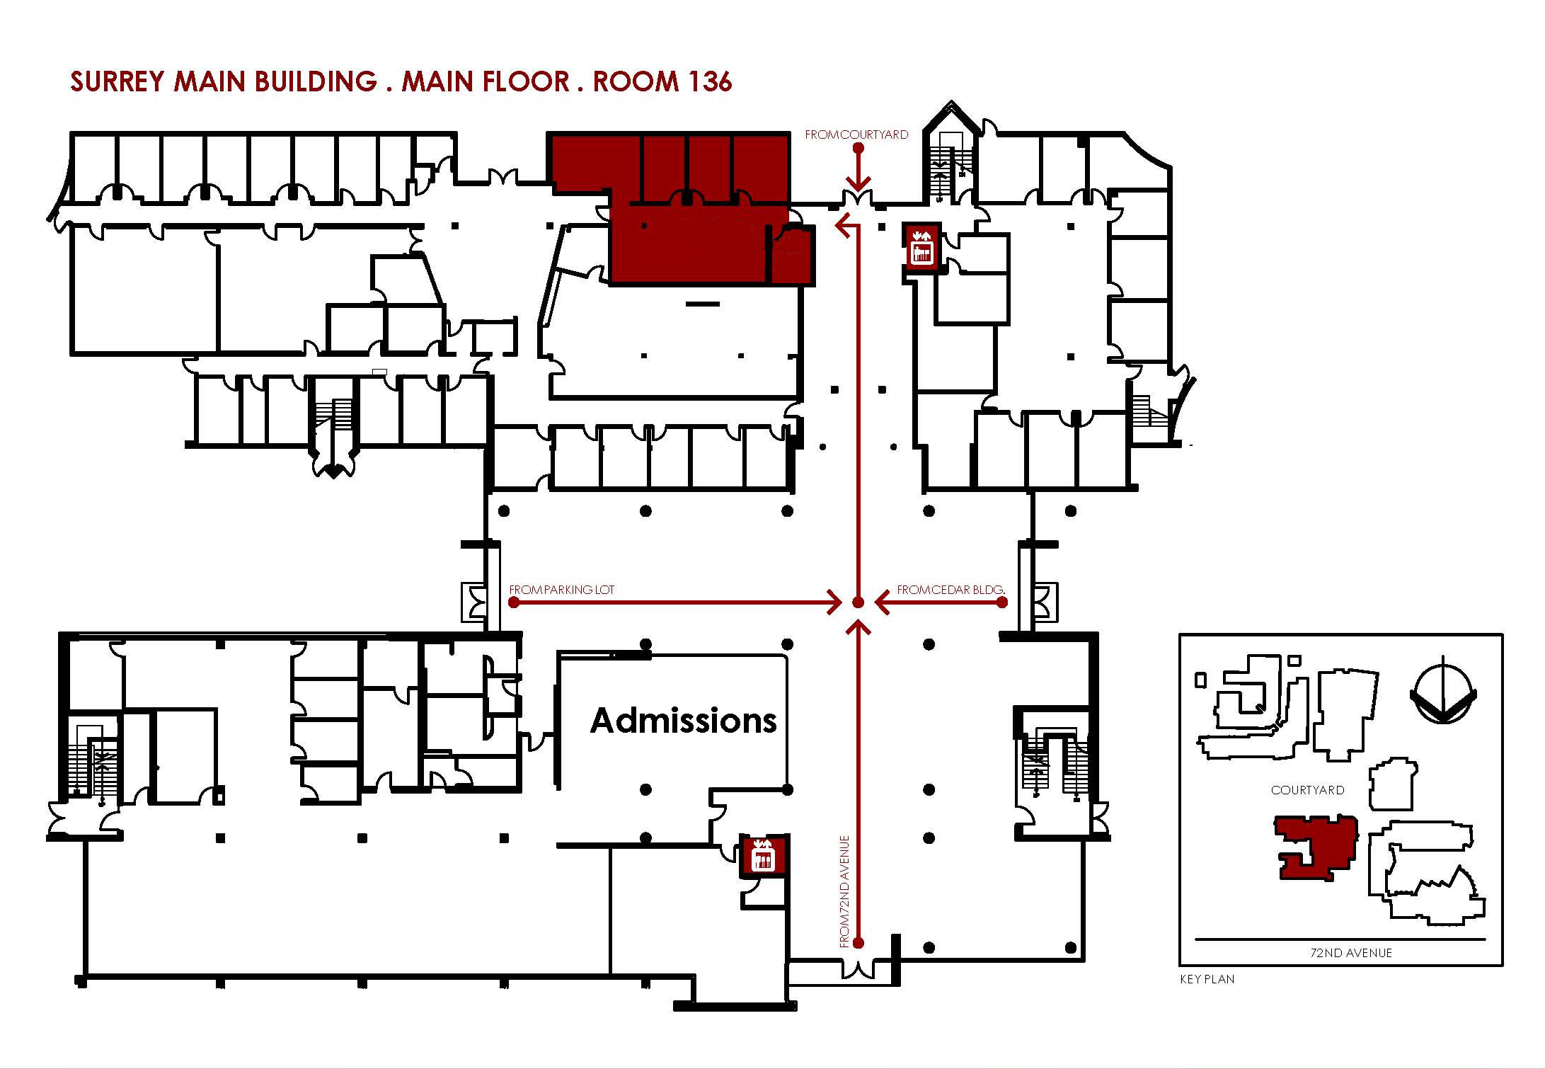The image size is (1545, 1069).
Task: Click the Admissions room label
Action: pos(683,721)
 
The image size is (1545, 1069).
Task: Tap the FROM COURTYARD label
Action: pos(856,135)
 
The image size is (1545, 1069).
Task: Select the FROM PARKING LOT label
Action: pos(562,589)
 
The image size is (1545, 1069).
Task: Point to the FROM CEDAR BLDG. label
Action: pos(951,589)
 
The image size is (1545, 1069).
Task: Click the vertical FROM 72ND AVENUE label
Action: pos(844,891)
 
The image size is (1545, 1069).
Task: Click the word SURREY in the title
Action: pos(117,81)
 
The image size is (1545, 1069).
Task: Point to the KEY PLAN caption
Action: pos(1207,979)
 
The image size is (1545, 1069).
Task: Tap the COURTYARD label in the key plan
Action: pos(1307,790)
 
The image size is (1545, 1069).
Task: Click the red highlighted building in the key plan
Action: pos(1316,846)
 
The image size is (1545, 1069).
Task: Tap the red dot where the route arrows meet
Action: pos(858,602)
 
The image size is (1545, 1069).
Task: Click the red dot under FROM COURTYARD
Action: pos(858,148)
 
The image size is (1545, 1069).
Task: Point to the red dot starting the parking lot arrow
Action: pos(514,602)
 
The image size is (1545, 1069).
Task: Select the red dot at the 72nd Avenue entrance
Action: pos(858,943)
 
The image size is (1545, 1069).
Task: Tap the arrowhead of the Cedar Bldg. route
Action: pos(882,602)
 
